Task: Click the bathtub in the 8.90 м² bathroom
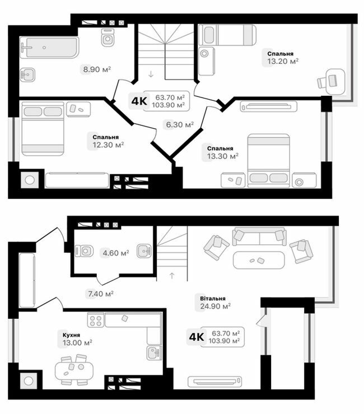pyautogui.click(x=49, y=48)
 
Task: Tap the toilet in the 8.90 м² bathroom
pyautogui.click(x=108, y=38)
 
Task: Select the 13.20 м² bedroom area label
pyautogui.click(x=280, y=61)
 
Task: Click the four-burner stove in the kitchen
pyautogui.click(x=95, y=320)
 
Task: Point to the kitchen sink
pyautogui.click(x=153, y=352)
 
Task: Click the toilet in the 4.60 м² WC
pyautogui.click(x=85, y=250)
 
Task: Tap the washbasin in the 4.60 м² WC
pyautogui.click(x=144, y=250)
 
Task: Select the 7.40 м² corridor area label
pyautogui.click(x=100, y=293)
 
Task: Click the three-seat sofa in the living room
pyautogui.click(x=259, y=236)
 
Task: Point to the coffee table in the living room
pyautogui.click(x=259, y=260)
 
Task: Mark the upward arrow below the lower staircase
pyautogui.click(x=171, y=275)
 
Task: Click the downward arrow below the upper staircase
pyautogui.click(x=151, y=74)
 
